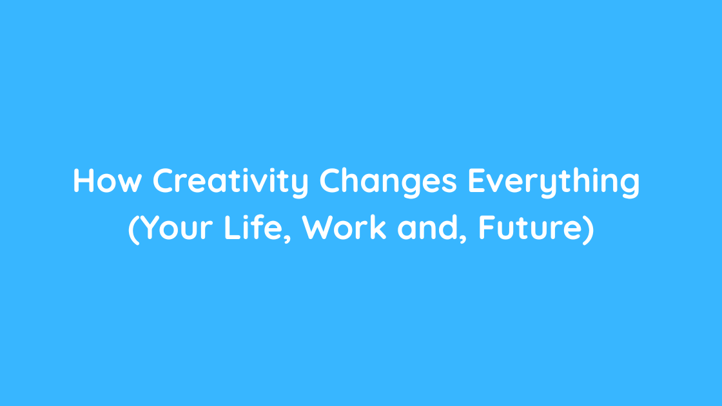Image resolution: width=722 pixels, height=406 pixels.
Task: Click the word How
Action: click(x=107, y=180)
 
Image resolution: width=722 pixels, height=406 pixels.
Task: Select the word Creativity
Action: click(x=231, y=183)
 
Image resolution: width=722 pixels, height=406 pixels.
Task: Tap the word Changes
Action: click(x=388, y=183)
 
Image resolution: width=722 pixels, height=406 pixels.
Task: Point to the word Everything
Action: click(x=554, y=183)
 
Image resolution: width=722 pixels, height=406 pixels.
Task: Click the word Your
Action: click(x=176, y=228)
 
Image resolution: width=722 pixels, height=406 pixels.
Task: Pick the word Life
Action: click(x=253, y=227)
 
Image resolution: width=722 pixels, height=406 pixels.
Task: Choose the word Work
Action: click(x=344, y=227)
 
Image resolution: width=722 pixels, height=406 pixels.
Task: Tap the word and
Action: click(x=428, y=227)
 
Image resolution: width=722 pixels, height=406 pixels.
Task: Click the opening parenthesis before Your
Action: click(x=133, y=229)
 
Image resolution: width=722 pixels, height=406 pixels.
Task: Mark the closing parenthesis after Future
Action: click(x=589, y=229)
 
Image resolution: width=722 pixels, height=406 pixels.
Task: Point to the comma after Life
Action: click(x=287, y=238)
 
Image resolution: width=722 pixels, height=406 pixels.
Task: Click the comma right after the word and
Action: click(x=463, y=238)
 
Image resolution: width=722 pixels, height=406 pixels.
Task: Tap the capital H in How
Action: click(x=84, y=181)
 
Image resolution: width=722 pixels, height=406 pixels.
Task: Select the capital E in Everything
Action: click(x=477, y=181)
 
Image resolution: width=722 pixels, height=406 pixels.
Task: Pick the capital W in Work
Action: click(x=317, y=228)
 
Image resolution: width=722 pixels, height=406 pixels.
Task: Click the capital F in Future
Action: click(x=487, y=228)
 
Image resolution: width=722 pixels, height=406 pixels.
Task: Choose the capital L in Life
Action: click(x=231, y=228)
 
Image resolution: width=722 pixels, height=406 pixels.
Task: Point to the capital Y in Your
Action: click(x=149, y=228)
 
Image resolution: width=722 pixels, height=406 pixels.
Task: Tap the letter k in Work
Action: click(x=378, y=227)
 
